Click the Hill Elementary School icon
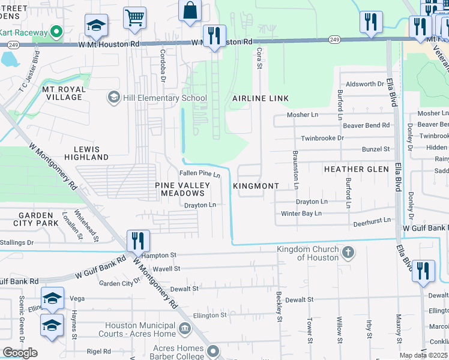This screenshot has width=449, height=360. (113, 97)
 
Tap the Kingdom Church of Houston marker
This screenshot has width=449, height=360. (347, 253)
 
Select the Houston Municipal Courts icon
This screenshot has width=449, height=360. (185, 328)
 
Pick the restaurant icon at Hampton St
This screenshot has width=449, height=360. (139, 241)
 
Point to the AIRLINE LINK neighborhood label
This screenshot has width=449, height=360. (261, 98)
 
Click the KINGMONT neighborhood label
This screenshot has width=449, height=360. (256, 186)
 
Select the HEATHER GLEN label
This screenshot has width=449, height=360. (357, 169)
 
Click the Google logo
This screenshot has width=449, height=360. (20, 353)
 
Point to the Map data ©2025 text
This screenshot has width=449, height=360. (423, 355)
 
